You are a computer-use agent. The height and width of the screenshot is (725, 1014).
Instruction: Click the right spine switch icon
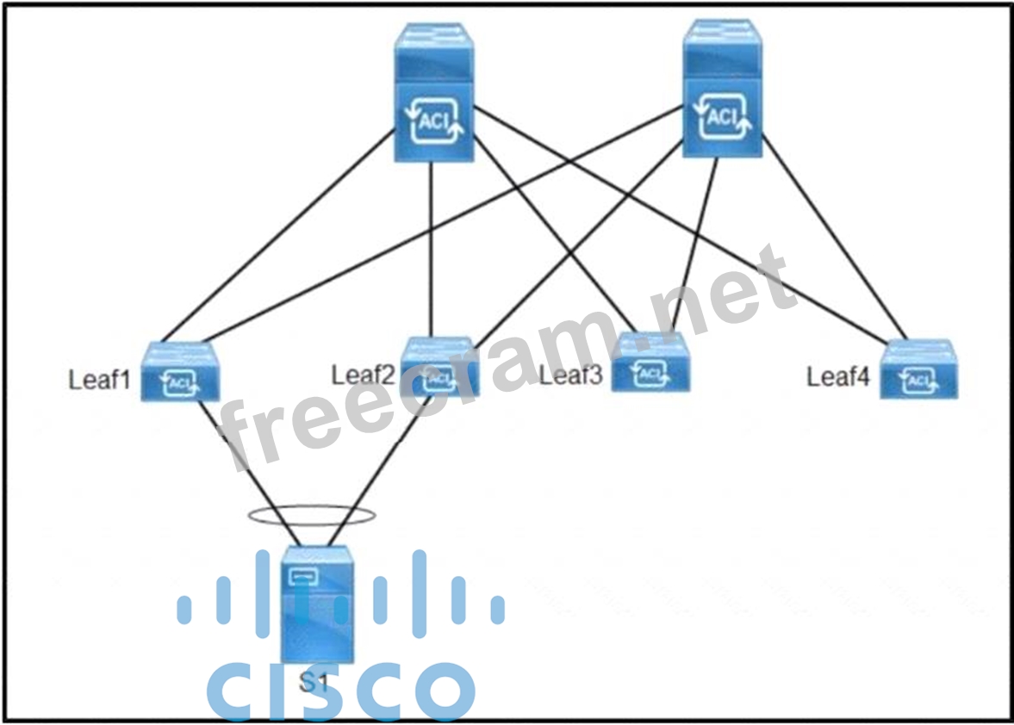pos(723,90)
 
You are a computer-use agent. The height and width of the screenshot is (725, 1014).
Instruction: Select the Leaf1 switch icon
pos(180,372)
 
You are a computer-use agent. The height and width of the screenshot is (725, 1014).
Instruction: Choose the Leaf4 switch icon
pos(918,369)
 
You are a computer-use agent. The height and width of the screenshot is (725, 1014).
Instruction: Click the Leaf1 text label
pos(99,380)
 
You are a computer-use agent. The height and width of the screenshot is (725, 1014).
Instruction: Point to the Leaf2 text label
pos(363,375)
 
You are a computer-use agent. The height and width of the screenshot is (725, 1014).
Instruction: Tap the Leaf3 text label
pos(570,375)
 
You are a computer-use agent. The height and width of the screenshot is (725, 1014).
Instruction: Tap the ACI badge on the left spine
pos(434,123)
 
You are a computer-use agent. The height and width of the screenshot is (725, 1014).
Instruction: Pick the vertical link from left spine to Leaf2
pos(431,250)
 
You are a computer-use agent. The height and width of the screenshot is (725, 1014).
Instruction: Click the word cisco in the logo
pos(340,689)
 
